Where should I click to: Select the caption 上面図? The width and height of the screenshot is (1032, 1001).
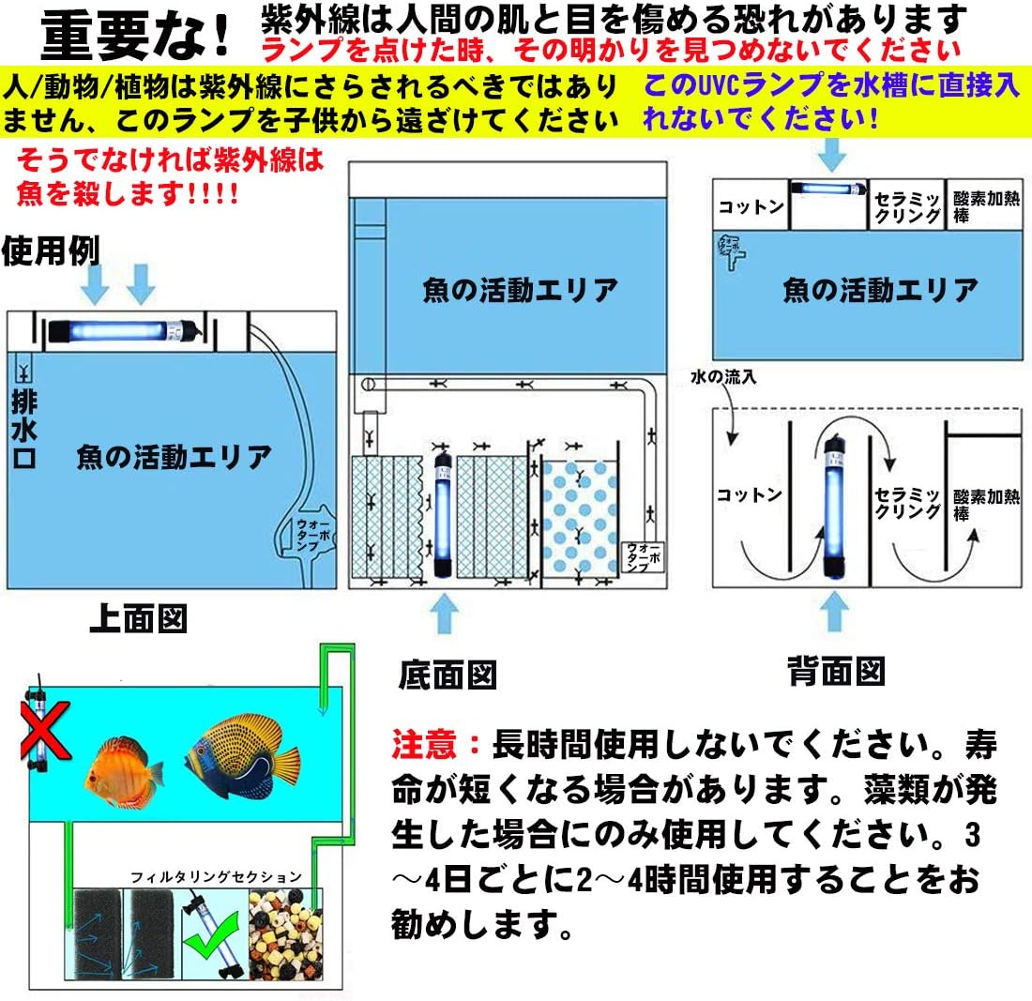pyautogui.click(x=138, y=618)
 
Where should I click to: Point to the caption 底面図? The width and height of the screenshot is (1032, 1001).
pyautogui.click(x=448, y=674)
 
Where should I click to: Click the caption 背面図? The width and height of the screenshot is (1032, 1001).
pyautogui.click(x=835, y=670)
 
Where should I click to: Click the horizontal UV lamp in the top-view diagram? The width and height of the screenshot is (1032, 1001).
pyautogui.click(x=122, y=329)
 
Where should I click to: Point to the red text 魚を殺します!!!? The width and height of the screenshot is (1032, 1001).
pyautogui.click(x=127, y=194)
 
